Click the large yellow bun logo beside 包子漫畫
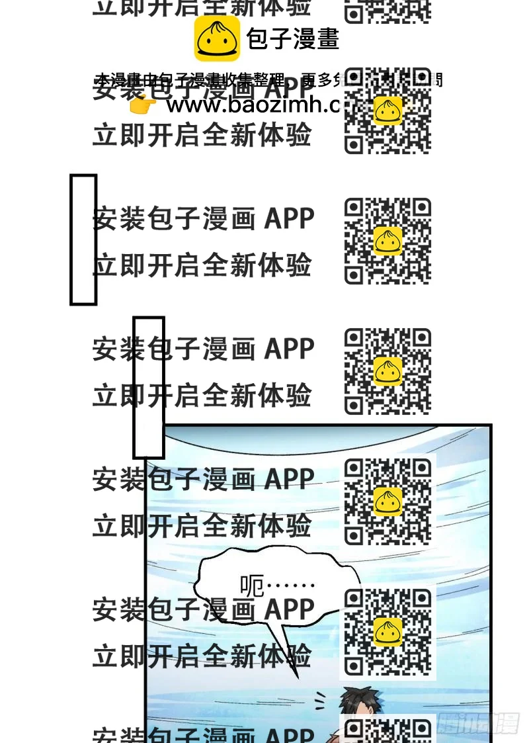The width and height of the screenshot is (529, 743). pyautogui.click(x=217, y=39)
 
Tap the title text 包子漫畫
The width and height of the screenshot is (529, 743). pyautogui.click(x=292, y=39)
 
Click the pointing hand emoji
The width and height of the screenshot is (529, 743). pyautogui.click(x=143, y=105)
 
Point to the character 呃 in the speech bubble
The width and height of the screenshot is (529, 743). pyautogui.click(x=252, y=585)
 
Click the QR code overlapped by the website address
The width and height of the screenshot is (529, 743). pyautogui.click(x=387, y=110)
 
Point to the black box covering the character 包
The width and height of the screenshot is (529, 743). pyautogui.click(x=149, y=387)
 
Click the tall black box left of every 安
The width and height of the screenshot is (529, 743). pyautogui.click(x=83, y=240)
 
